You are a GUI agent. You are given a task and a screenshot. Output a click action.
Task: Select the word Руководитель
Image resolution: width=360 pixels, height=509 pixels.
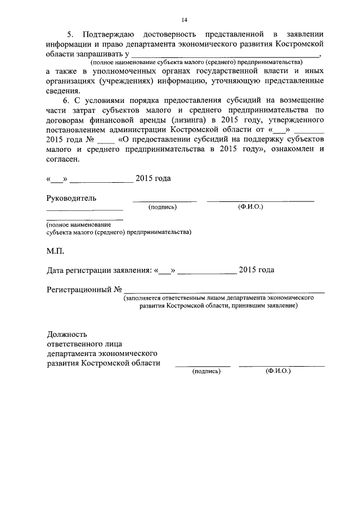(71, 198)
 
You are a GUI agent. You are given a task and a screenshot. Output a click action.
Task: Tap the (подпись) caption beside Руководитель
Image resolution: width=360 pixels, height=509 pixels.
(163, 207)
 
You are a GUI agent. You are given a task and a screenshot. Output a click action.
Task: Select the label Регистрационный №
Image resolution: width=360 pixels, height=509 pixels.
(84, 290)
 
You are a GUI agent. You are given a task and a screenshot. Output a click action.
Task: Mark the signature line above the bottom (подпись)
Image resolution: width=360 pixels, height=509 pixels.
(202, 366)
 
